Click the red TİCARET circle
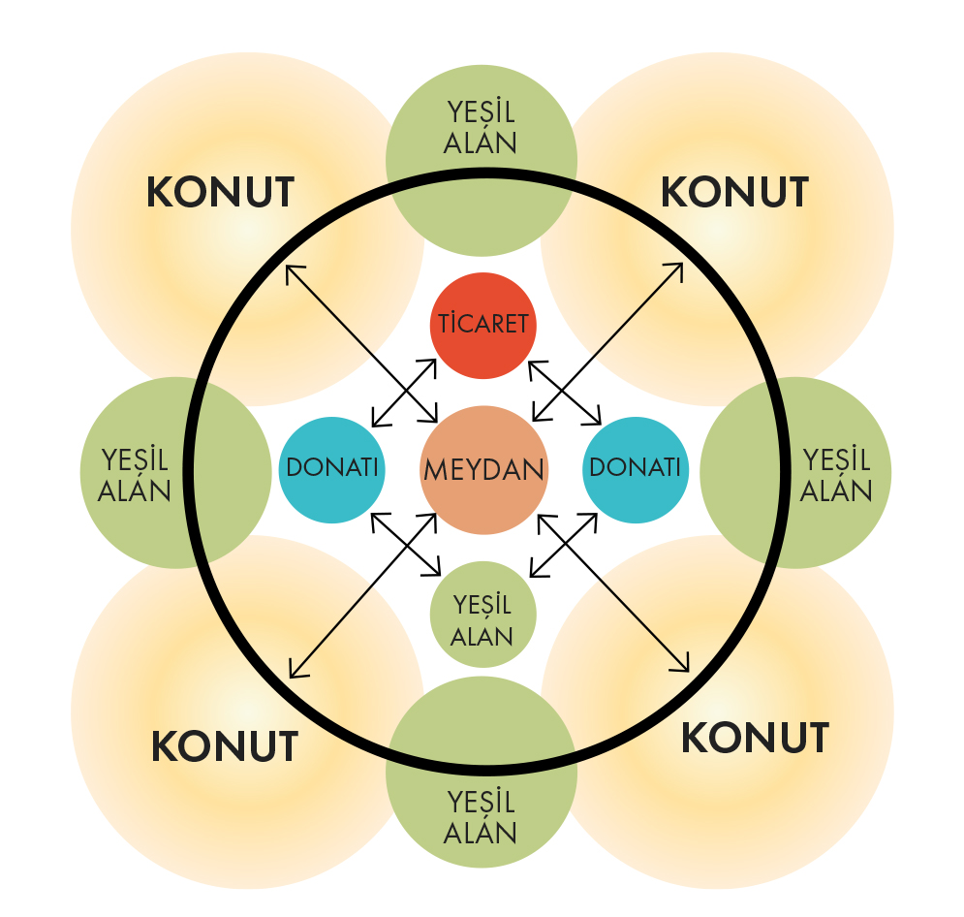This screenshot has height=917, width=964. [x=482, y=326]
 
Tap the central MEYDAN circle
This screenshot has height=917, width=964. [x=483, y=470]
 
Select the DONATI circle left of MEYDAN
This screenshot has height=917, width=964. [x=331, y=468]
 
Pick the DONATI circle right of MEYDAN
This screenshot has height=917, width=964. [x=635, y=468]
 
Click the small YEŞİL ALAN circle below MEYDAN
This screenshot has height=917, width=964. [x=482, y=615]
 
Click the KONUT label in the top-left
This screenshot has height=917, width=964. [x=220, y=193]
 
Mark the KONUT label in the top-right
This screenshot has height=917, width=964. [x=733, y=193]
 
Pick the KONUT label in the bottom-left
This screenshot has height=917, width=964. [x=224, y=746]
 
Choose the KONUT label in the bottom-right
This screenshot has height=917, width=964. [x=755, y=739]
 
